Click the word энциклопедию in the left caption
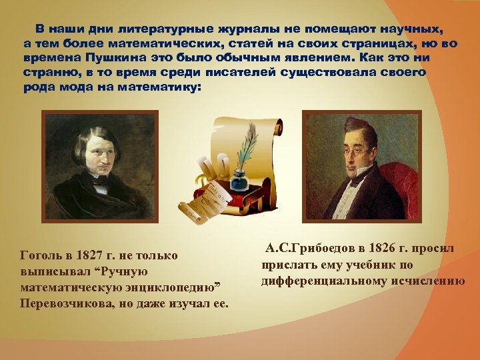pyautogui.click(x=171, y=287)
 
